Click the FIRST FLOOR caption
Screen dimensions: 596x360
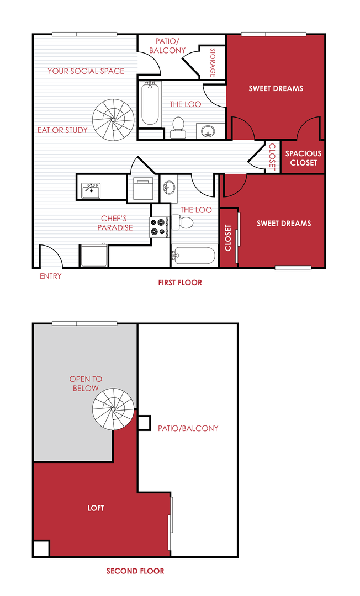click(x=180, y=283)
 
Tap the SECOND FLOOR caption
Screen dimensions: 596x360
click(x=135, y=571)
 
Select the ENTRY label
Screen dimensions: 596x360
click(x=51, y=276)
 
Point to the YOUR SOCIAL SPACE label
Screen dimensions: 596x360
click(x=86, y=71)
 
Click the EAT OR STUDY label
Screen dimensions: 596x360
click(x=62, y=130)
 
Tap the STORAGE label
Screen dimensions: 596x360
click(x=213, y=62)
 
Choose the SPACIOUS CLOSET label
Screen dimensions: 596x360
click(x=303, y=158)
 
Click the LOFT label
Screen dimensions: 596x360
click(x=96, y=508)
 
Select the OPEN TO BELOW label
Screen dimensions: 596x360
click(x=86, y=384)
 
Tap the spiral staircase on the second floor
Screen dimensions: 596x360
click(x=113, y=408)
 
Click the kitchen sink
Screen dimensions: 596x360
click(x=91, y=190)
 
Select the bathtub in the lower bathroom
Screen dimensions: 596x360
click(x=193, y=256)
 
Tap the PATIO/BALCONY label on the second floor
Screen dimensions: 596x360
click(x=188, y=428)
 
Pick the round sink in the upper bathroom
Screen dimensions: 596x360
click(x=208, y=131)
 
